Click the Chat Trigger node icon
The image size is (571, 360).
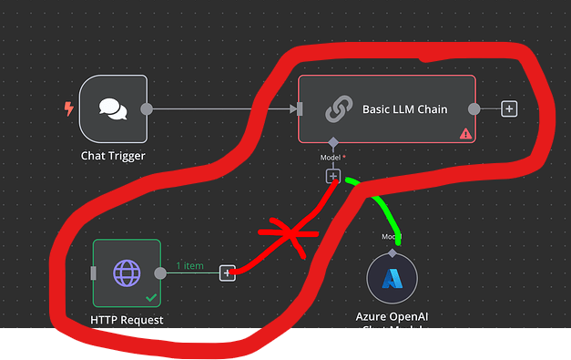(x=113, y=109)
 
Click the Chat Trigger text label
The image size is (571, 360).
(x=113, y=156)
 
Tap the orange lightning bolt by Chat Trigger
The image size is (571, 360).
(x=68, y=109)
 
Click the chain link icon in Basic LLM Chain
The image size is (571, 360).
(x=339, y=110)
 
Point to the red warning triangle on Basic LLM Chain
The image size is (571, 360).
(x=465, y=133)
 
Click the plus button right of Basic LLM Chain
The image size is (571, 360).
(x=509, y=109)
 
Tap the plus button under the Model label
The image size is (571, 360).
(x=333, y=175)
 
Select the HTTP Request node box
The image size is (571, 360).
(x=127, y=273)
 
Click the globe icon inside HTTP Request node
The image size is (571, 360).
(x=127, y=273)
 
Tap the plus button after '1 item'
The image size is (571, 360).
(x=227, y=273)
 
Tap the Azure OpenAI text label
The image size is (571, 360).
(x=392, y=316)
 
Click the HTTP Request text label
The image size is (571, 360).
(x=127, y=320)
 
